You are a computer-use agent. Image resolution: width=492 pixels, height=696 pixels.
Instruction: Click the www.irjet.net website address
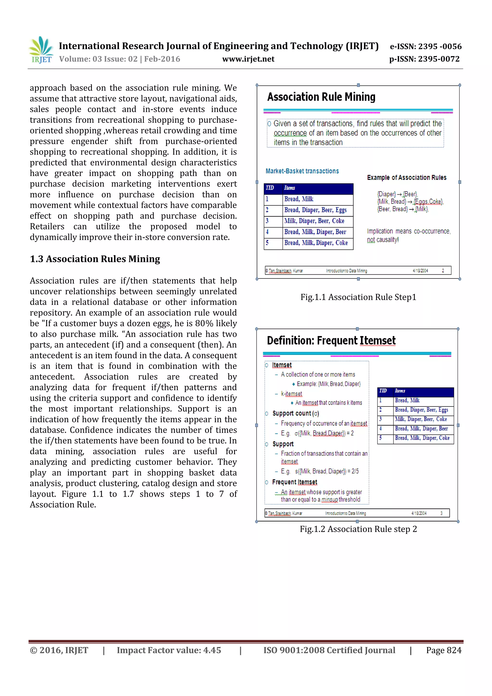coord(248,59)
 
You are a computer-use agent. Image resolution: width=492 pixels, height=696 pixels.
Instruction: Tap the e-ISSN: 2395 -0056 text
coord(426,46)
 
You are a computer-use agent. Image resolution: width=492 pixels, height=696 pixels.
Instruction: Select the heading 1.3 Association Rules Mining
coord(95,259)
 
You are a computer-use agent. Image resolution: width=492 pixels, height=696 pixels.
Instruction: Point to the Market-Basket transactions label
coord(302,171)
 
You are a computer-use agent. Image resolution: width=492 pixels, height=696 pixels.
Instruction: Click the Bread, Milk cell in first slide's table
coord(299,199)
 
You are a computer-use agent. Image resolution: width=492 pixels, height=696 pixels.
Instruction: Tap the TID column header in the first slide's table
coord(270,188)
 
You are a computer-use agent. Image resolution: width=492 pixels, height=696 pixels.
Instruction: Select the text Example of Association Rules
coord(406,178)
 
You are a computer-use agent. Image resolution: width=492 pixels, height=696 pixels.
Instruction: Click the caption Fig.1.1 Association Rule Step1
coord(358,297)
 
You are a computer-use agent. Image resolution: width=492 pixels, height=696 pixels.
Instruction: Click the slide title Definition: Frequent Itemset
coord(331,341)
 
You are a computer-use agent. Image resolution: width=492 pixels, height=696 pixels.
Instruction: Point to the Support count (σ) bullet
coord(295,413)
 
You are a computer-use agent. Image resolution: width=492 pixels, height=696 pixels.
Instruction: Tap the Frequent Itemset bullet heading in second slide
coord(294,482)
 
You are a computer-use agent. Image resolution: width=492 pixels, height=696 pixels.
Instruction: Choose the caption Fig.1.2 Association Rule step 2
coord(358,529)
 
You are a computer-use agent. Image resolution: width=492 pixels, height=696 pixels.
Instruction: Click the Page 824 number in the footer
coord(443,650)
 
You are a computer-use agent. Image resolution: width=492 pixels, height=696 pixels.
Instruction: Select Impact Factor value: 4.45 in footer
coord(169,650)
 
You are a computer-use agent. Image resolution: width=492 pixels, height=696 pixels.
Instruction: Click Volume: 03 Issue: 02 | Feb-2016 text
coord(120,59)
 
